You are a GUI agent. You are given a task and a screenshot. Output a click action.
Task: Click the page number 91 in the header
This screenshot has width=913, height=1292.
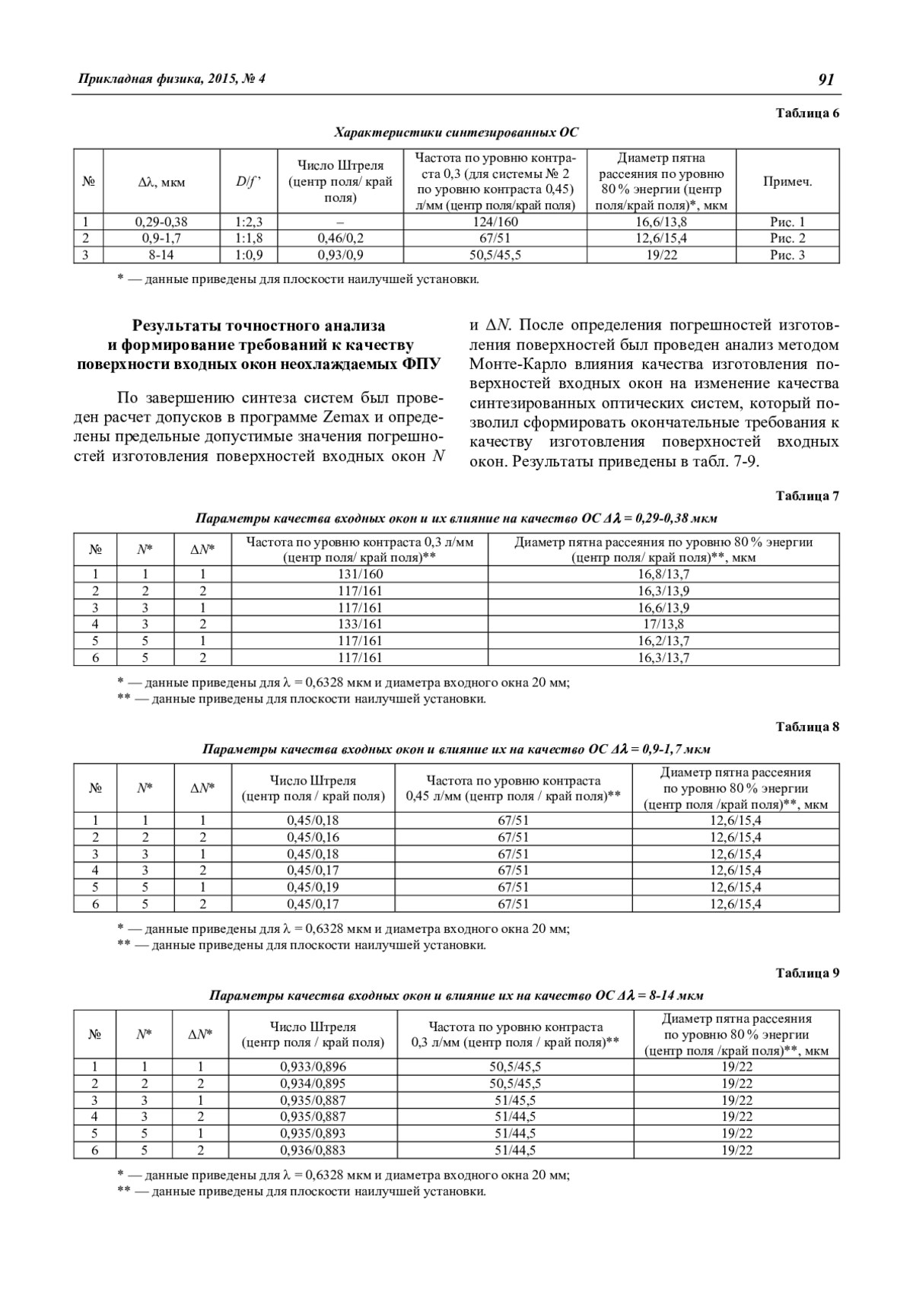[827, 80]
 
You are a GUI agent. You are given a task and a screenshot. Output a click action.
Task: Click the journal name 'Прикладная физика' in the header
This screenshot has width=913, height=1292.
[137, 79]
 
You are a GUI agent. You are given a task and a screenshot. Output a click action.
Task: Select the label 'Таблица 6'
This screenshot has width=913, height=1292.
[807, 113]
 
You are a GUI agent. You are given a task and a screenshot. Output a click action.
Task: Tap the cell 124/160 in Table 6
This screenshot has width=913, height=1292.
[495, 222]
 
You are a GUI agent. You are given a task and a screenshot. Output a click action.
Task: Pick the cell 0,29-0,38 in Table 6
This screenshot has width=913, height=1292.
[161, 222]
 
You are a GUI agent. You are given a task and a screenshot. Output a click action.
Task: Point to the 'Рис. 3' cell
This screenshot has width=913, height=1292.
[787, 255]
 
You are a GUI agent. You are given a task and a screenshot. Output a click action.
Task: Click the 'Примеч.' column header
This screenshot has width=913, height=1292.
[787, 182]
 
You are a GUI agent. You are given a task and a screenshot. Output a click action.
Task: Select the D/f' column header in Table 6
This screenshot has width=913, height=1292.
[248, 182]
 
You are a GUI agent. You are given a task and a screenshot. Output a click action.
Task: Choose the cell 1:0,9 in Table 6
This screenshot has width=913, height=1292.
[248, 255]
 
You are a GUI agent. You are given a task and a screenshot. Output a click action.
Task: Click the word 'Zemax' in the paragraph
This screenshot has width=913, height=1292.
[346, 418]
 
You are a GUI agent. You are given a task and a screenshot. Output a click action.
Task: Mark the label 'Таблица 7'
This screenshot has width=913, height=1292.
[807, 496]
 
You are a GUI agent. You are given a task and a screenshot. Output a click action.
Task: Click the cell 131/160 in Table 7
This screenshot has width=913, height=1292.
[360, 574]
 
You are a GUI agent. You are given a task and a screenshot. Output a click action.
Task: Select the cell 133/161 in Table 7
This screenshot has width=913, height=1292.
[360, 624]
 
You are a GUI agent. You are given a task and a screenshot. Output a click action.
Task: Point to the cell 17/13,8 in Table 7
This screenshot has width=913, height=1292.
[663, 624]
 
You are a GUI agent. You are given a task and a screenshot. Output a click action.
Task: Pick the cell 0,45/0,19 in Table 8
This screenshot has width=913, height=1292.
[313, 887]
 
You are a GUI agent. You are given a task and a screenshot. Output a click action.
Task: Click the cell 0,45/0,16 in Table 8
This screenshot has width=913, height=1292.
[313, 837]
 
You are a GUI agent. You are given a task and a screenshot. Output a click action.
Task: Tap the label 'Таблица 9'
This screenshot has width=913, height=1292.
[807, 972]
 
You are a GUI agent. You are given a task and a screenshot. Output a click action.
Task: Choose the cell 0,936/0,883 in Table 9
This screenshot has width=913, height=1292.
[313, 1150]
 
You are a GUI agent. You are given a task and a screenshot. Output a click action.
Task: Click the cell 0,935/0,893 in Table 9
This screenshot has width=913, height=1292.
[313, 1133]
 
